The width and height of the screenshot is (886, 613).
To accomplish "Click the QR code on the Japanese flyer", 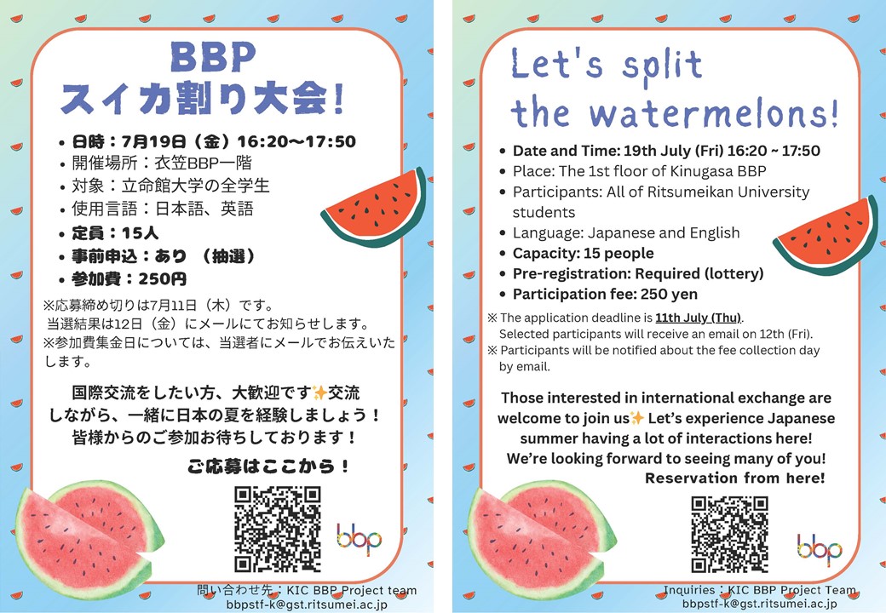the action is coord(278,530).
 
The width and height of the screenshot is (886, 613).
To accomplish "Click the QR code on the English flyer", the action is coord(729,535).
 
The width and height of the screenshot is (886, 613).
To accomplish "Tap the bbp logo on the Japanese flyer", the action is coord(359,539).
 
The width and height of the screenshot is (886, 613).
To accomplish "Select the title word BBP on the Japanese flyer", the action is coord(213,57).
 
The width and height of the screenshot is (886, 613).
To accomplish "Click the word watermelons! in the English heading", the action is coord(714,113).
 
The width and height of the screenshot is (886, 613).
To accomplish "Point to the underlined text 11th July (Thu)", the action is coord(699,318).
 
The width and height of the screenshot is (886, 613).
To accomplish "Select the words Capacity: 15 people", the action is coord(583,254).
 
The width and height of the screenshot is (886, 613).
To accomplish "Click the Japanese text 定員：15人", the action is coord(115,233).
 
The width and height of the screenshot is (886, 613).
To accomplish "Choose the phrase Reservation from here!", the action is coord(735,478).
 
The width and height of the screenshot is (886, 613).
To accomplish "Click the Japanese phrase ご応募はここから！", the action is coord(268,467).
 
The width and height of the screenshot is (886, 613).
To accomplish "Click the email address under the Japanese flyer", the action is coord(307,604).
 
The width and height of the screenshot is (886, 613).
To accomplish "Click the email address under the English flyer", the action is coord(759,604).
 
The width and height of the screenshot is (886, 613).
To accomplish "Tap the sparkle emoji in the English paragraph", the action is coord(637,418).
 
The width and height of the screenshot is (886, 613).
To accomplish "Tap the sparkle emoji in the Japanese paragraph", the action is coord(319,392).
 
